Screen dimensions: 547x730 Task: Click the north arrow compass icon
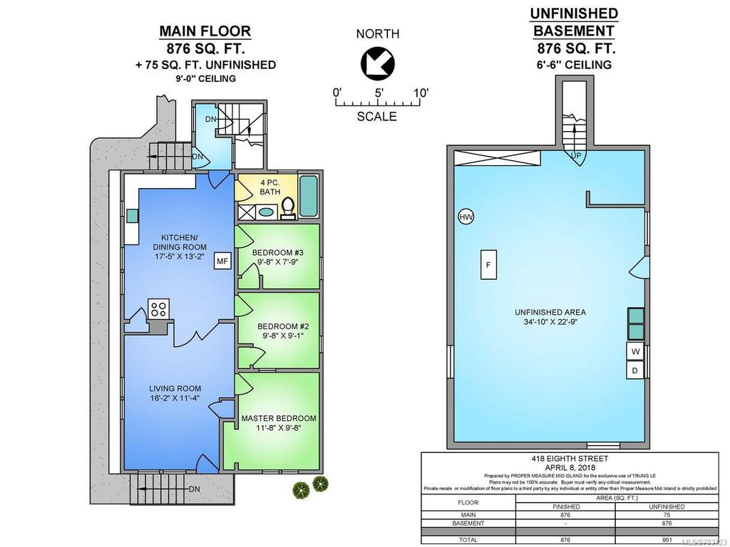click(378, 63)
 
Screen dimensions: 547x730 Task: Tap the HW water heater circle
click(466, 217)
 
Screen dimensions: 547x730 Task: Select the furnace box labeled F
click(488, 264)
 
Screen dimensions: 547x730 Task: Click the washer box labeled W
click(635, 351)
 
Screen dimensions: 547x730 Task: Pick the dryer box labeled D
click(635, 370)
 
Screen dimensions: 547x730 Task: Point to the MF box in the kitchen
click(222, 262)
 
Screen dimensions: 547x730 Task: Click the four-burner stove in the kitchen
click(158, 309)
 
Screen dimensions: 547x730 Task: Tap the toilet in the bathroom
click(289, 207)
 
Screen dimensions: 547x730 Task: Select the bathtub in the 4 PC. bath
click(309, 196)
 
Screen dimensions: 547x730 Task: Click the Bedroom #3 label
click(277, 251)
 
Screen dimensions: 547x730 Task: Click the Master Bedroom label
click(278, 418)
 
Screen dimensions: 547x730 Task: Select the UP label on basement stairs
click(575, 155)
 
